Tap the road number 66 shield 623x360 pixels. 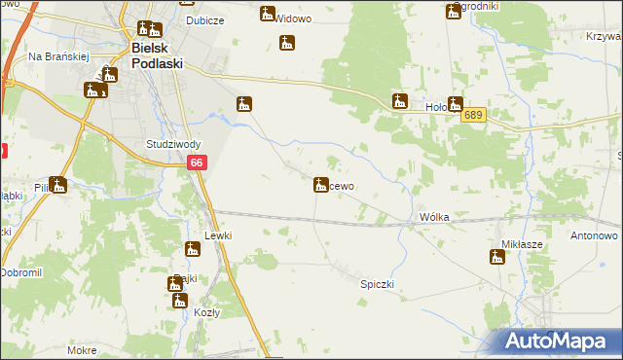pos(197,165)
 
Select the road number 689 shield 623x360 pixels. pos(474,115)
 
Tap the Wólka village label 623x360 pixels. pos(433,217)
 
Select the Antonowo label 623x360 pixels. pos(595,236)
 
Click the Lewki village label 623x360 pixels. pos(217,236)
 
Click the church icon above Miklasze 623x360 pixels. pos(497,257)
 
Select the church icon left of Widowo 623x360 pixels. pos(268,14)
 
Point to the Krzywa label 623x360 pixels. pos(605,36)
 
